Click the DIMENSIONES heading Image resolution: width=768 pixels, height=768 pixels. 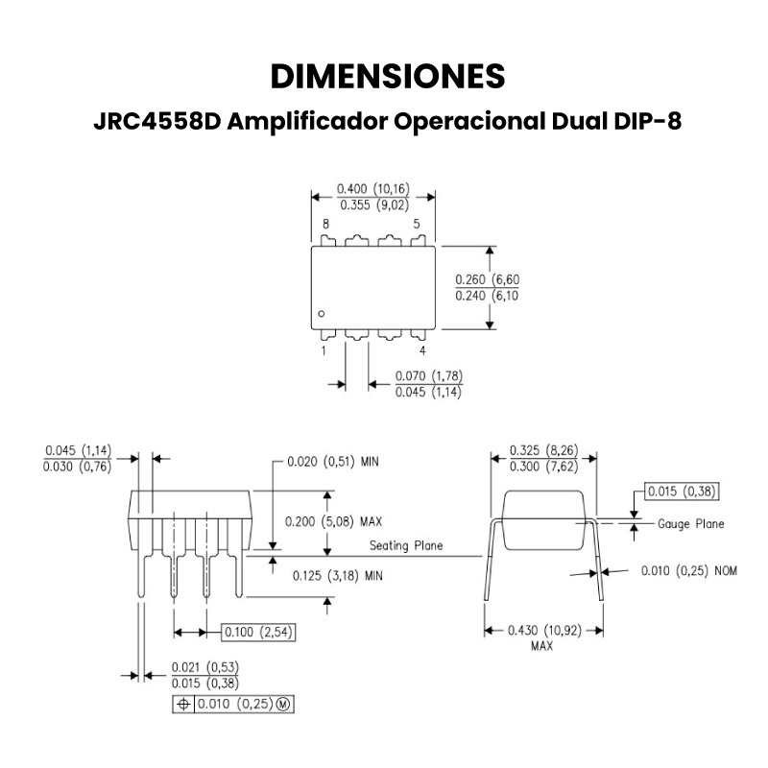pyautogui.click(x=388, y=77)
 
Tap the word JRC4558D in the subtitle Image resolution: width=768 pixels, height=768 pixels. pyautogui.click(x=157, y=121)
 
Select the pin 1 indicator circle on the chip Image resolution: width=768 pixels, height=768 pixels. pyautogui.click(x=322, y=314)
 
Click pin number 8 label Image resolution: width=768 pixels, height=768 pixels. pyautogui.click(x=325, y=224)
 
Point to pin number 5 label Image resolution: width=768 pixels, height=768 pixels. pyautogui.click(x=417, y=224)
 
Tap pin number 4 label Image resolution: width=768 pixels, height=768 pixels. pyautogui.click(x=422, y=350)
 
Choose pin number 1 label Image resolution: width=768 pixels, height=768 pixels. pyautogui.click(x=324, y=350)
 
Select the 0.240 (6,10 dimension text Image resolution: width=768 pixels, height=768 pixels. pyautogui.click(x=487, y=296)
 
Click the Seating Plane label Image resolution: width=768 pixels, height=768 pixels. pyautogui.click(x=406, y=545)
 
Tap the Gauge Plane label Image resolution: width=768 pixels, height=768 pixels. pyautogui.click(x=690, y=524)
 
